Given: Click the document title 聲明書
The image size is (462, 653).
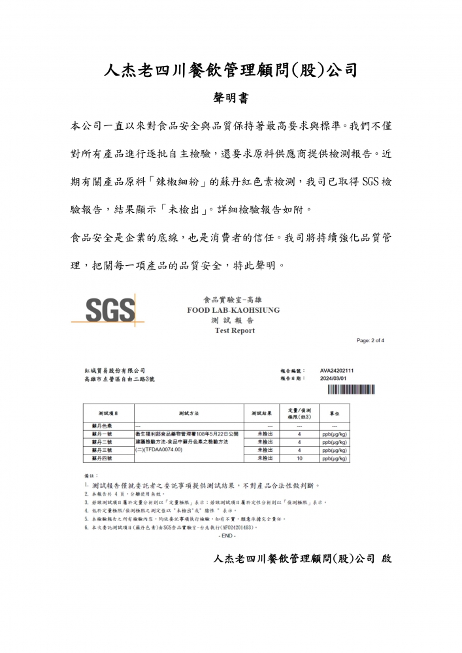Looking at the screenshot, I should [x=230, y=97].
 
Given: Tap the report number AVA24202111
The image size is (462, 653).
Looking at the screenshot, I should [x=337, y=370].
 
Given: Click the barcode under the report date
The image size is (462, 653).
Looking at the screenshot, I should [x=351, y=390].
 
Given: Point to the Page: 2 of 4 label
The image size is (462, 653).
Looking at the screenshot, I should [x=371, y=341].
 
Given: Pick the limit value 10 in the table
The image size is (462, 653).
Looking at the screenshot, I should [x=299, y=458].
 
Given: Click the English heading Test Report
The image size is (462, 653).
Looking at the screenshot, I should [x=235, y=331].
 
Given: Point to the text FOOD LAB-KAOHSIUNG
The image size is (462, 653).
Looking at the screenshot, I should [x=233, y=311].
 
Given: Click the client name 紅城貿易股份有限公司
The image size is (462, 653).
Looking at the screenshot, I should [x=114, y=370].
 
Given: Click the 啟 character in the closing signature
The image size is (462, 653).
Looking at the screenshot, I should [x=386, y=559].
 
